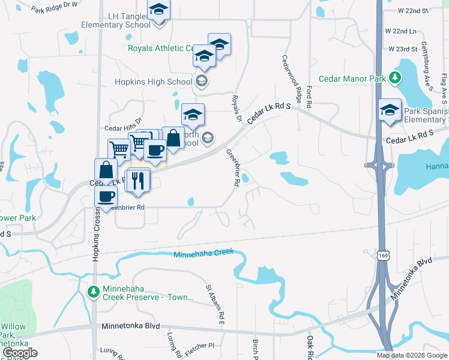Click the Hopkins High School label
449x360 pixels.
154,82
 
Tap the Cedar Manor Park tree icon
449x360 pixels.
395,77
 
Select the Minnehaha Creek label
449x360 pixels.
203,254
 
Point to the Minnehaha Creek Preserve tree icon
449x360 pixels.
93,292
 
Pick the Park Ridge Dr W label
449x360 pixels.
55,8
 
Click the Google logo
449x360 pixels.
20,353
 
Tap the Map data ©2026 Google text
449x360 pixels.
411,355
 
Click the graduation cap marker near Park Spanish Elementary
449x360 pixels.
390,110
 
